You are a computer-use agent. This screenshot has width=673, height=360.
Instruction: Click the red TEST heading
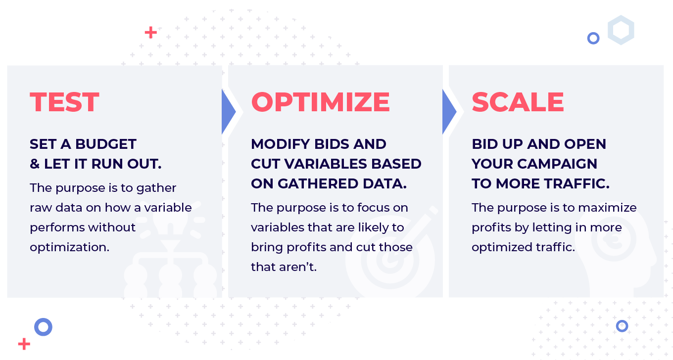coord(64,102)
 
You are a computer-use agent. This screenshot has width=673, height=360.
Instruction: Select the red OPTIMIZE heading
coord(320,102)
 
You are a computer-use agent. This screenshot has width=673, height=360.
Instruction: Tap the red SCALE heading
coord(518,102)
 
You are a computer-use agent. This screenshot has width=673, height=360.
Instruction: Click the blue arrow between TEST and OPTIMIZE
coord(228,112)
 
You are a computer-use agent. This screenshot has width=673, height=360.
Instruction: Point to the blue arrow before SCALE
coord(448,112)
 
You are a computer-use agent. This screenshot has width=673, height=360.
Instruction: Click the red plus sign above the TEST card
coord(151,33)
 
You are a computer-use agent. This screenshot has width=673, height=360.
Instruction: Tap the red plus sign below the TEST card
coord(24,344)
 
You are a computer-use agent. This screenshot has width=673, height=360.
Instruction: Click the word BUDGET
coord(106,144)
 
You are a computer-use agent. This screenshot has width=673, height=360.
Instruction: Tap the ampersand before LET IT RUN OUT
coord(35,164)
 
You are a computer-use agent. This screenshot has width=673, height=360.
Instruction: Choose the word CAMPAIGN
coord(557,164)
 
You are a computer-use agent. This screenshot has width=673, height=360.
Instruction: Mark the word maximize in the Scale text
coord(607,208)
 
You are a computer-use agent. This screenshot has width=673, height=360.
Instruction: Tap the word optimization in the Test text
coord(69,248)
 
